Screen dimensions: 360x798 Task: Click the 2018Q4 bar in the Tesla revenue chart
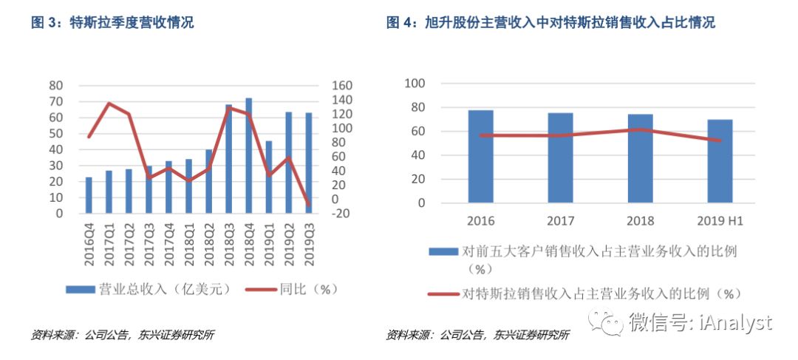click(248, 155)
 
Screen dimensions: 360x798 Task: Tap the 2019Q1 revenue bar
click(268, 177)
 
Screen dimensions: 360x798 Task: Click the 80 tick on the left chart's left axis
click(55, 85)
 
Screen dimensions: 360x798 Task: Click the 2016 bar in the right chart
click(480, 156)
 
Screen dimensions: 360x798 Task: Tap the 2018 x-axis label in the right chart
click(640, 221)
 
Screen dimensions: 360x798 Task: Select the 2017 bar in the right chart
click(560, 157)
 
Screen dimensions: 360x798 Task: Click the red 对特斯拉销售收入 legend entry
click(591, 293)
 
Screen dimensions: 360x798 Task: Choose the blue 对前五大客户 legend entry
click(591, 251)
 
